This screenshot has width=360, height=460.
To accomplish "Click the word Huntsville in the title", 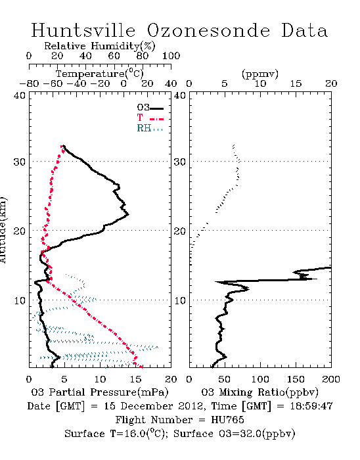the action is coord(83,30).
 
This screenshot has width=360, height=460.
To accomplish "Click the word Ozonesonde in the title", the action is coord(208,30).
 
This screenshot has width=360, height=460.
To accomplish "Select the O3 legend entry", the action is coord(150,108).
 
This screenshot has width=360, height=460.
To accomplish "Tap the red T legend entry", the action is coord(150,118).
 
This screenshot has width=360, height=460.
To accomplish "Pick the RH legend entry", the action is coord(150,129).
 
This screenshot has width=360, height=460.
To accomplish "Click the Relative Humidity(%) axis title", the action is coord(100,46).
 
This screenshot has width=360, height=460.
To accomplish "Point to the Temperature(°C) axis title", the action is coord(100,74).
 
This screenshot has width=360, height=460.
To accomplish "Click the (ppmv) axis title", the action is coord(260,74).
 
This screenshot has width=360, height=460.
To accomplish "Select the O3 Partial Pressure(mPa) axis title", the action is coord(100,392).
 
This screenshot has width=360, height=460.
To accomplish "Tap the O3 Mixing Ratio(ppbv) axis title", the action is coord(259,392).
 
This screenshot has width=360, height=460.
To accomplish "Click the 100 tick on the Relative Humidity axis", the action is coord(171,56).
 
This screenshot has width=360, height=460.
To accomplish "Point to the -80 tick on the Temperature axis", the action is coord(29,84).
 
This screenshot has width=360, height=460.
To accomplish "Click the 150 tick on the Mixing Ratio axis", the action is coord(296,379).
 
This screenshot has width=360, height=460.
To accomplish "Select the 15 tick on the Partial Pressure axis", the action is coord(135,379).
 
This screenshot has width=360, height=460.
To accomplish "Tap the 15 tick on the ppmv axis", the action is coord(296,84).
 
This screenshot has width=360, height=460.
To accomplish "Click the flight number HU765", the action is coord(227,420).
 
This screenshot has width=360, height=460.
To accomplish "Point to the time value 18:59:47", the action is coord(311,406).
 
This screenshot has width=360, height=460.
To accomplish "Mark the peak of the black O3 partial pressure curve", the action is coord(128,214).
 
